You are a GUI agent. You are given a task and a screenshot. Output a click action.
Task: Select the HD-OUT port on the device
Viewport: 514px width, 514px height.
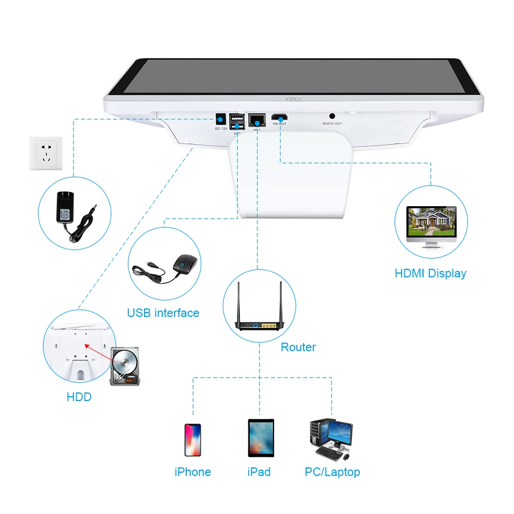(279, 117)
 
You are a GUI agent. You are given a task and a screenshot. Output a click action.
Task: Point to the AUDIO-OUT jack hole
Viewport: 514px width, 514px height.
(332, 116)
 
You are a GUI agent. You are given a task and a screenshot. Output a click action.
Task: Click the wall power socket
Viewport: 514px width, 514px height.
(46, 153)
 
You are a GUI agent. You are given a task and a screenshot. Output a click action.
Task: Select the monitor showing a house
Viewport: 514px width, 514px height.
(431, 226)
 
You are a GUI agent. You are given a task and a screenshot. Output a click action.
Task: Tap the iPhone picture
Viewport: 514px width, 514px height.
(193, 440)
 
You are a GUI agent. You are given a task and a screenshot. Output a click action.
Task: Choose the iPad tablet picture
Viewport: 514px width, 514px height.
(261, 438)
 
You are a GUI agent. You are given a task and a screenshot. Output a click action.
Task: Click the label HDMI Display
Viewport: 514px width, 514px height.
(430, 273)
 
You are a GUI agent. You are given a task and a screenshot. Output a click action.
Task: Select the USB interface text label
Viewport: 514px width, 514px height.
(163, 313)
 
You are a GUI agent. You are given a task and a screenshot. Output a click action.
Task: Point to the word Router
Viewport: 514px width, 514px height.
(298, 347)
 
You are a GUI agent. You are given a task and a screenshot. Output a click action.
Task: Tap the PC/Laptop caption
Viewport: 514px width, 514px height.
(332, 472)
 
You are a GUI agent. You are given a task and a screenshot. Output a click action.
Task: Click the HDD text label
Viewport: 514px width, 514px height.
(79, 397)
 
